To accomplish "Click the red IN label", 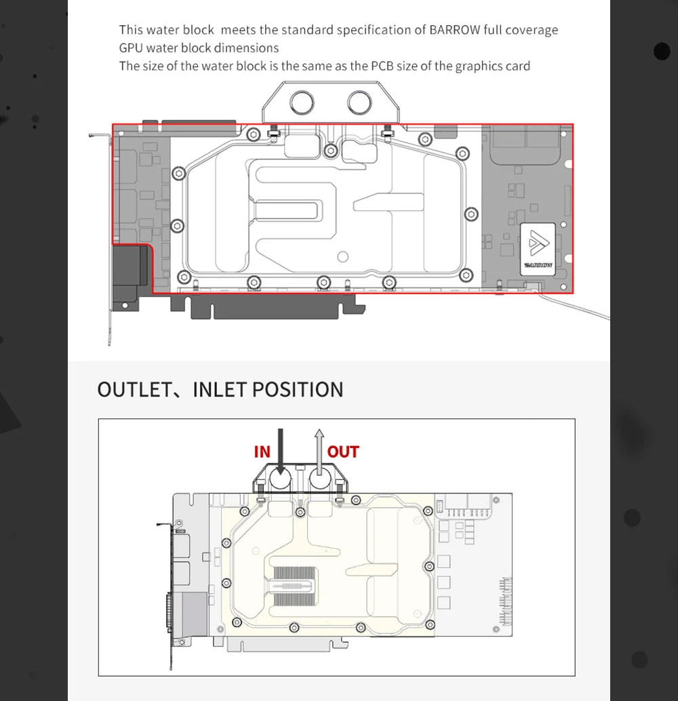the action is [262, 452].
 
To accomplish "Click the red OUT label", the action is [343, 452].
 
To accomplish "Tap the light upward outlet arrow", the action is [319, 452].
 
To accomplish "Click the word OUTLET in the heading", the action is [134, 389].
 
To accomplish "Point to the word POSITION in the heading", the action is [298, 389].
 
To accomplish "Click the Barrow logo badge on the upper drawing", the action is [538, 249].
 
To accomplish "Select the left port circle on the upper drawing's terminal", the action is [302, 102].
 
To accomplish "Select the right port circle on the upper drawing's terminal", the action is [359, 102].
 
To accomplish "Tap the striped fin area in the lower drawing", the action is [295, 586].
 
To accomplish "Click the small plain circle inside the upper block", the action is [343, 257].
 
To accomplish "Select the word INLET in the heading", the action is [219, 389].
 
